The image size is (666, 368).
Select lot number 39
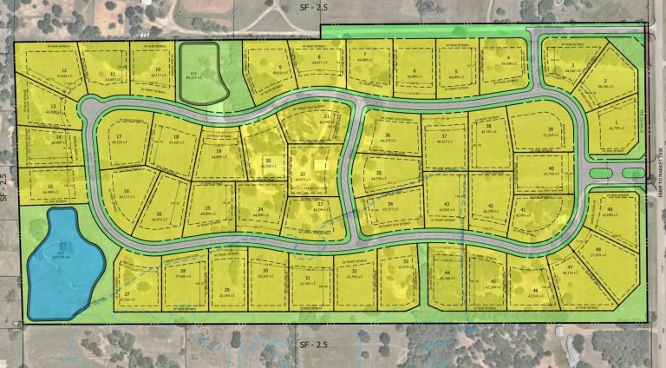(x=550, y=129)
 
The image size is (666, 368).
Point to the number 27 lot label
(x=128, y=295)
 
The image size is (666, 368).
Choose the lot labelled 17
(x=118, y=137)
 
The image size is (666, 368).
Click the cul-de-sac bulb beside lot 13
(x=90, y=110)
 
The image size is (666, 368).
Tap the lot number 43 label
(x=444, y=204)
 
